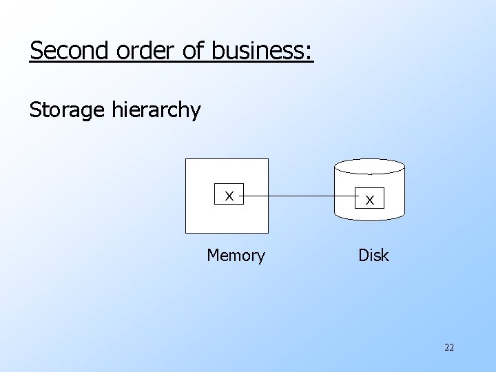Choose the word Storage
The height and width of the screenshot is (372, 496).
point(68,110)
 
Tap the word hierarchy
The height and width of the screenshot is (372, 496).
point(156,110)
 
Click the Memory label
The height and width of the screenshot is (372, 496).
point(236,256)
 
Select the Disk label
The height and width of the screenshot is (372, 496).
point(373,256)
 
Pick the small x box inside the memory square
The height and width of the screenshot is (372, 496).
point(229,196)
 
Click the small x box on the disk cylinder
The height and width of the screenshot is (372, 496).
point(370,200)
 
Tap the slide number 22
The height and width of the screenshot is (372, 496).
point(449,348)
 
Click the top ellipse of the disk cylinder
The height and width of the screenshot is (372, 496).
point(369,166)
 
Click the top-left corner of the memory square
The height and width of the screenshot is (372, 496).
point(187,160)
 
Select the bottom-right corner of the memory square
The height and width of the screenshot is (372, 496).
point(267,233)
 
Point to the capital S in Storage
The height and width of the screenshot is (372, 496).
point(35,110)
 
